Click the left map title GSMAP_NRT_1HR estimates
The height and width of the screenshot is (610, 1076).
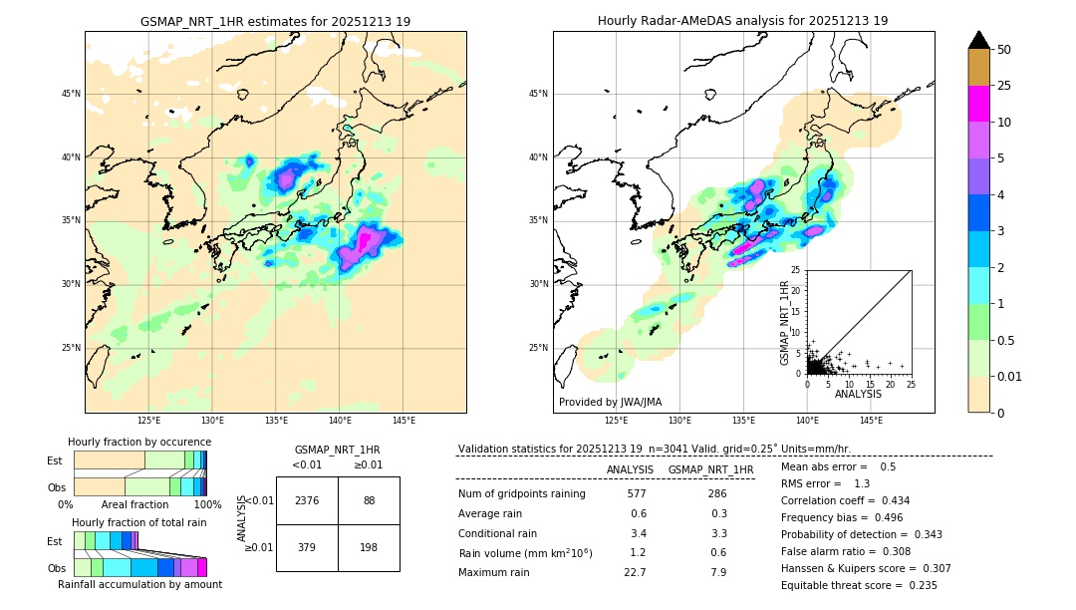tap(275, 21)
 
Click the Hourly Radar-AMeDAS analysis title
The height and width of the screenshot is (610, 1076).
tap(742, 21)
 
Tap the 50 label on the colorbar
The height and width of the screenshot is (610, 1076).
tap(1004, 49)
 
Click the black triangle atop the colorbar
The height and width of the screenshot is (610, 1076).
tap(979, 40)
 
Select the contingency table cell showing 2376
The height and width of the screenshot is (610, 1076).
tap(307, 500)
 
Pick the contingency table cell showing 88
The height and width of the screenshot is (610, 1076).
tap(369, 500)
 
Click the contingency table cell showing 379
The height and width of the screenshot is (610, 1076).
tap(307, 547)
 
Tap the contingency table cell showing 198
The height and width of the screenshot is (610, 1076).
tap(369, 547)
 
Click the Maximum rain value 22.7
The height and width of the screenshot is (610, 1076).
tap(635, 572)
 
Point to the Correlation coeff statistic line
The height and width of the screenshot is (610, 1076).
tap(845, 500)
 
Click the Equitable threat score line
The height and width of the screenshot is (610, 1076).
tap(859, 585)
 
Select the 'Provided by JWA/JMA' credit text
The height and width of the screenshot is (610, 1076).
tap(610, 402)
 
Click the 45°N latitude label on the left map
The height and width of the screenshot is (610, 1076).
tap(71, 94)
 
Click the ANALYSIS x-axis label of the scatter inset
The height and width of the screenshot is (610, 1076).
tap(858, 394)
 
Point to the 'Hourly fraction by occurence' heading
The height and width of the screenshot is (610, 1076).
tap(139, 442)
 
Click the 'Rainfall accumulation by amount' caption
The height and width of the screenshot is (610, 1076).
tap(139, 584)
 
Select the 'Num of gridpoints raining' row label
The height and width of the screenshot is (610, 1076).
tap(522, 493)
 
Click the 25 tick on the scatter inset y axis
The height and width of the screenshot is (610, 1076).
tap(797, 270)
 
